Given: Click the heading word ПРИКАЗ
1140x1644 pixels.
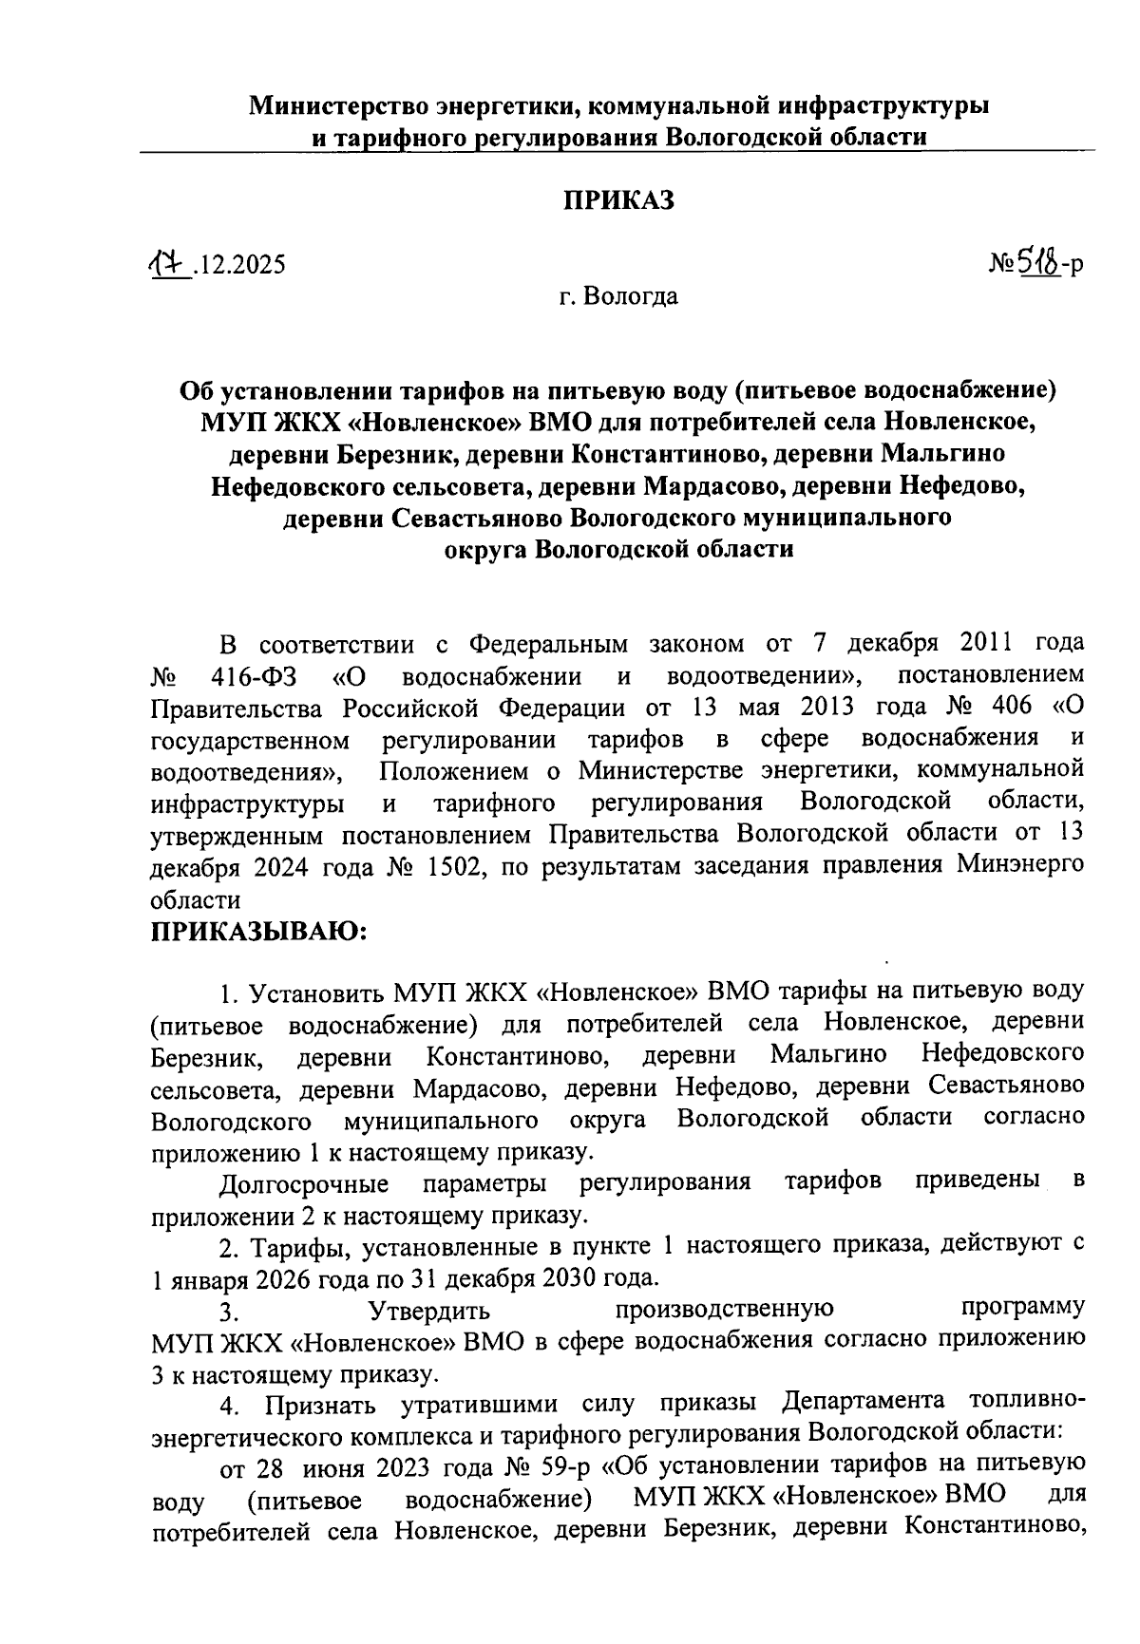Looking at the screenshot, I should click(618, 200).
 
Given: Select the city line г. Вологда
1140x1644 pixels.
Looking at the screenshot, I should click(618, 296).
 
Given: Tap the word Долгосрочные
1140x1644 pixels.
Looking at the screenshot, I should click(303, 1184).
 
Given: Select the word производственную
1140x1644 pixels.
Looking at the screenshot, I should click(725, 1310).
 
